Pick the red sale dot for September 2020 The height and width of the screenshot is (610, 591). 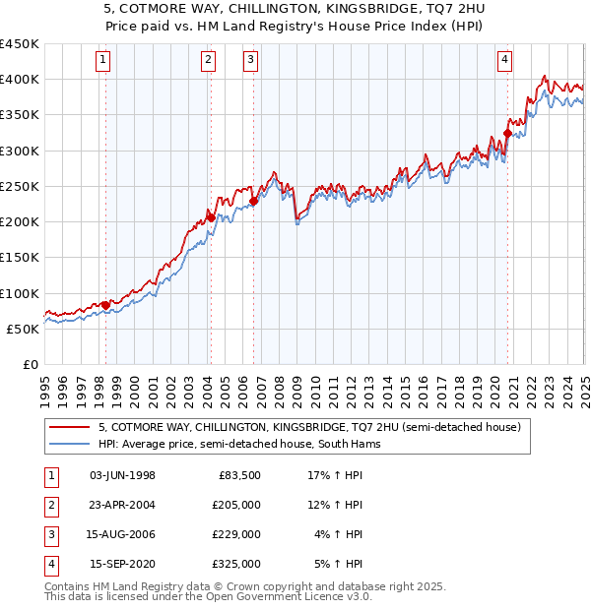click(x=508, y=133)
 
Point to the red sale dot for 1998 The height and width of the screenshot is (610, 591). click(x=105, y=305)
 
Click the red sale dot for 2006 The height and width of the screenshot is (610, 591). click(x=253, y=202)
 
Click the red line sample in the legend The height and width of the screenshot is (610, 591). click(x=69, y=427)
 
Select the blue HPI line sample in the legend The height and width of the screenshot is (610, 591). click(x=69, y=445)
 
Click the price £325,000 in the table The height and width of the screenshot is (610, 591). click(x=236, y=564)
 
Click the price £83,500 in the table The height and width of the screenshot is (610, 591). click(x=239, y=475)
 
